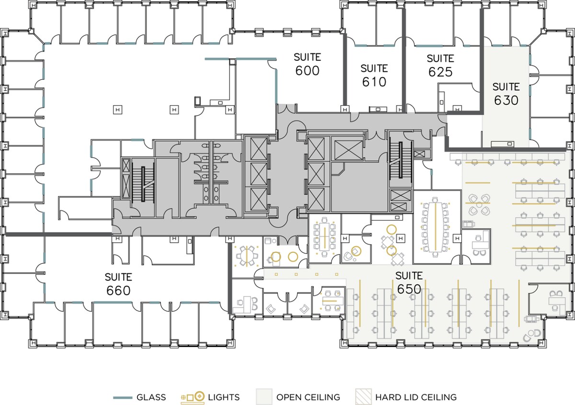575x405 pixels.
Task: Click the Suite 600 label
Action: tap(307, 64)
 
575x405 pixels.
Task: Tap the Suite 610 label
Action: tap(374, 76)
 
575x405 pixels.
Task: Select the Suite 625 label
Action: tap(440, 66)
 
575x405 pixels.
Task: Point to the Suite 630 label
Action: tap(506, 94)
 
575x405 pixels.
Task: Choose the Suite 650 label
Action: tap(409, 282)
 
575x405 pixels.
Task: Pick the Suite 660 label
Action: tap(118, 284)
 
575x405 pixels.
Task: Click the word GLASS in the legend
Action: tap(151, 397)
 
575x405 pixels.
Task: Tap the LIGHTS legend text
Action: tap(224, 397)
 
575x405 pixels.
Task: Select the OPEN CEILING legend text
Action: tap(308, 397)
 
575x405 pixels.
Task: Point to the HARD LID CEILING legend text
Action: tap(416, 397)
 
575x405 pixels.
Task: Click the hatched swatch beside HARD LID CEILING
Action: tap(363, 396)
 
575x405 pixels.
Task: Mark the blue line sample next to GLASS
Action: tap(123, 397)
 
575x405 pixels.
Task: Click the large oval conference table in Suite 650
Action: tap(436, 227)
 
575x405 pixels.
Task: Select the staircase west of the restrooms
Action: tap(143, 184)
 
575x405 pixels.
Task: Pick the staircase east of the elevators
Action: tap(400, 159)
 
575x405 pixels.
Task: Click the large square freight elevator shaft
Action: tap(347, 149)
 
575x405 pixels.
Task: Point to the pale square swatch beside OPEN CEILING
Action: tap(264, 396)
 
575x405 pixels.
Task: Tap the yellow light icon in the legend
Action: tap(193, 397)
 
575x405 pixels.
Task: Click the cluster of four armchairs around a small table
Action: tap(479, 205)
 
